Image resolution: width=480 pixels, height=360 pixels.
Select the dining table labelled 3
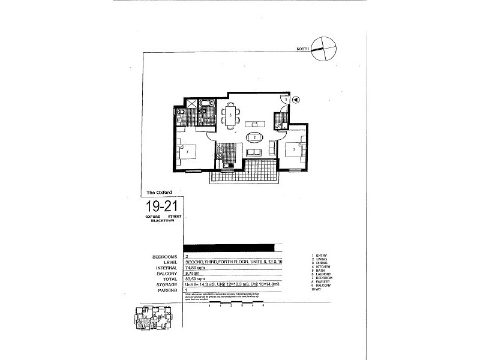point(230,114)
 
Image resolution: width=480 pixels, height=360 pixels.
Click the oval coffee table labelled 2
point(255,137)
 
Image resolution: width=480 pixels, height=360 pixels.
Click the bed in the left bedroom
point(188,152)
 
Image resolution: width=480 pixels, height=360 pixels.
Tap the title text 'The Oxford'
point(159,192)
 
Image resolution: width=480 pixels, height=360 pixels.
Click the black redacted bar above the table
point(229,247)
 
